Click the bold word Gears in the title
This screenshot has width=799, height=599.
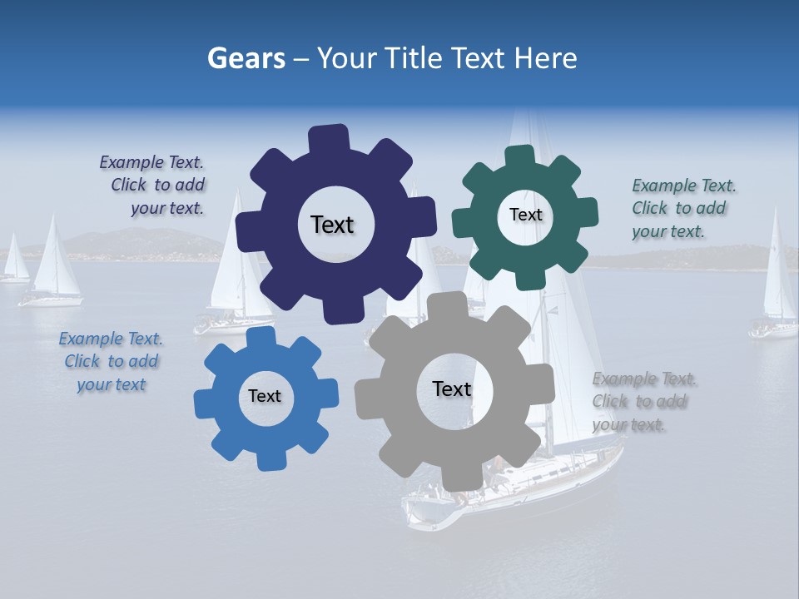[246, 58]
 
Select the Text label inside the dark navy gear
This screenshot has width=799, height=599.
[332, 225]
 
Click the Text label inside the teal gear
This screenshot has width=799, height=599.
[525, 215]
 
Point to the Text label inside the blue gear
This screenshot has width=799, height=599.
[265, 397]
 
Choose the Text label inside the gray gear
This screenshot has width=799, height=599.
[452, 389]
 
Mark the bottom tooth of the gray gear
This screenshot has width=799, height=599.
[459, 478]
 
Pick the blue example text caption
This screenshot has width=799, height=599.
[111, 362]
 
